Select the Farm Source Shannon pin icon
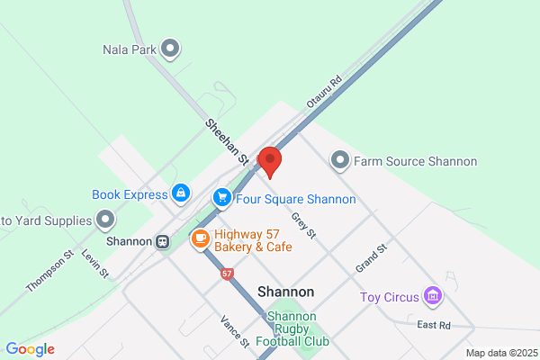[x=340, y=161]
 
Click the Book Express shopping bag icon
[x=181, y=193]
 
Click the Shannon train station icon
[x=163, y=241]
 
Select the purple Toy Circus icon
[x=433, y=295]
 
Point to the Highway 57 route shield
[x=226, y=273]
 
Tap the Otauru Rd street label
[x=325, y=93]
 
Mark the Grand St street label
[x=371, y=258]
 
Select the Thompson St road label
[x=49, y=271]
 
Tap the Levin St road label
[x=94, y=265]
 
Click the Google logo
[x=30, y=349]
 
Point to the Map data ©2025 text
[x=501, y=352]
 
